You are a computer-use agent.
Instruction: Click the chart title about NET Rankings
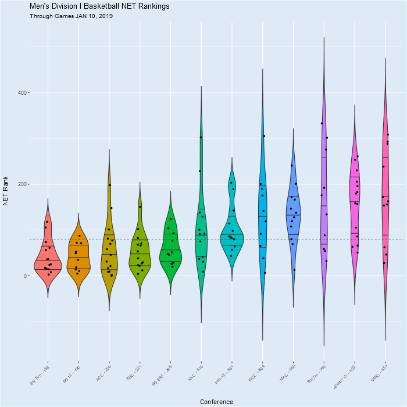(99, 6)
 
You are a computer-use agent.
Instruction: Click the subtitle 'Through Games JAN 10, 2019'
(71, 16)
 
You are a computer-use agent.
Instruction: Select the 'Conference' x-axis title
(216, 402)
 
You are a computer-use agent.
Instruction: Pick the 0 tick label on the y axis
(26, 276)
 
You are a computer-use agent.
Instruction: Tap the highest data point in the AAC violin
(201, 137)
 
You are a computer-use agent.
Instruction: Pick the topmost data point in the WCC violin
(264, 136)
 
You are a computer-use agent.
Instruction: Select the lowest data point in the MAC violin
(294, 270)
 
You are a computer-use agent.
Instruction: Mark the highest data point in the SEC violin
(140, 207)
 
